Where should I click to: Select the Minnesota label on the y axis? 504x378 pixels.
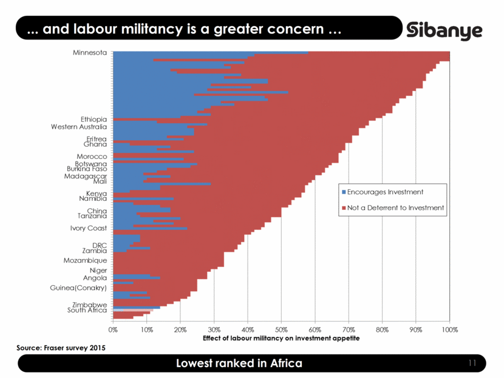[89, 53]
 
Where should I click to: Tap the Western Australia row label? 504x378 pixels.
[79, 127]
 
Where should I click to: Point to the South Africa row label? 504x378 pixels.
[87, 311]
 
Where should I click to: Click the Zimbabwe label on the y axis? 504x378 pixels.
[89, 305]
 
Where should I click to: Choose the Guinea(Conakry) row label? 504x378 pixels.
[79, 288]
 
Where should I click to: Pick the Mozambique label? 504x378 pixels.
[85, 260]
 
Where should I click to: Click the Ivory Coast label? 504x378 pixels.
[88, 229]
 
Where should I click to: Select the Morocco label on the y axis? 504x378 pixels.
[92, 157]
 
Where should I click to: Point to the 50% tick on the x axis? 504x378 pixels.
[281, 329]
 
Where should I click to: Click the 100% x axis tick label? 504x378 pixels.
[449, 329]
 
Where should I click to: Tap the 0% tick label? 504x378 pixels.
[114, 329]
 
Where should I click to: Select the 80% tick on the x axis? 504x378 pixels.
[382, 329]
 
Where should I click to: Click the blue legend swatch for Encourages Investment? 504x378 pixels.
[343, 192]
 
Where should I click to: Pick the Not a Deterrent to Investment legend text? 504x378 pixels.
[396, 208]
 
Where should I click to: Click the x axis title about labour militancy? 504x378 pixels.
[281, 338]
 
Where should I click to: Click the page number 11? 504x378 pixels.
[472, 363]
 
